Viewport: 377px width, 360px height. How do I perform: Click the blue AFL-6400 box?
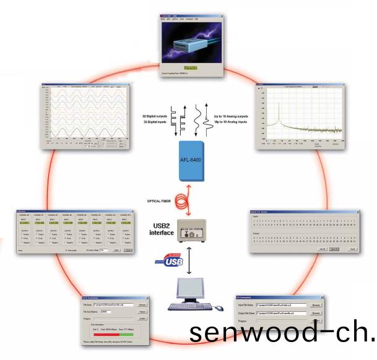pos(189,158)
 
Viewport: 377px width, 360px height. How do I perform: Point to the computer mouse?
pos(219,307)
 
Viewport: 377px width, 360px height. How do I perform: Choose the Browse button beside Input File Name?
pos(316,305)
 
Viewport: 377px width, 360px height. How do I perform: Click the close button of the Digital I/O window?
pos(359,212)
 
